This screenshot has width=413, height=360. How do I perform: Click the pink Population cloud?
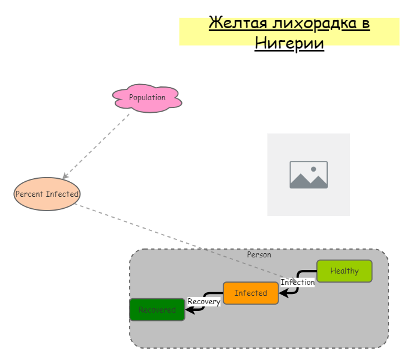(147, 98)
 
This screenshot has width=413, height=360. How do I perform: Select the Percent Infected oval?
(47, 194)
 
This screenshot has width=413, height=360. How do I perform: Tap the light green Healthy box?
(345, 271)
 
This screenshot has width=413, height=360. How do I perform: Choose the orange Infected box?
(251, 293)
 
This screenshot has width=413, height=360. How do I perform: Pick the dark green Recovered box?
(157, 310)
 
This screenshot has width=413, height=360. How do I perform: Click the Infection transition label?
(297, 282)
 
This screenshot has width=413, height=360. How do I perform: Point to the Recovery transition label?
(204, 301)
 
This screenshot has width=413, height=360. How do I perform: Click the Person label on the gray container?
(259, 254)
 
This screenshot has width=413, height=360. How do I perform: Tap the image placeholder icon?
(309, 175)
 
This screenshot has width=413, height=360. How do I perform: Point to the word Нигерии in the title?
(289, 44)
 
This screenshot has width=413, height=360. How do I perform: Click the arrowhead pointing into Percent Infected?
(65, 176)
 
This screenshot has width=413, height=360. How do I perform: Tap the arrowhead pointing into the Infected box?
(282, 293)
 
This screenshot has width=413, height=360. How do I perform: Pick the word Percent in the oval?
(29, 194)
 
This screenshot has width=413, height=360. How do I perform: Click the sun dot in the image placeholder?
(313, 169)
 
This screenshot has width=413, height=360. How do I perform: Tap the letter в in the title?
(364, 24)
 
